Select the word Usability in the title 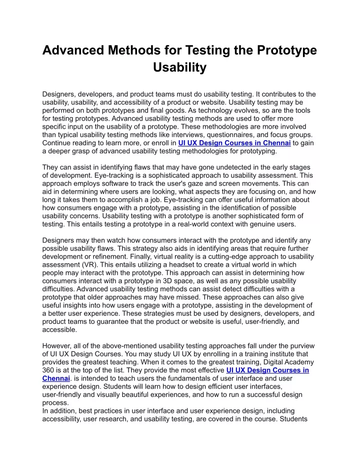point(179,68)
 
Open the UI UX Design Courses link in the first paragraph point(234,143)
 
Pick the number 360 point(49,370)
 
